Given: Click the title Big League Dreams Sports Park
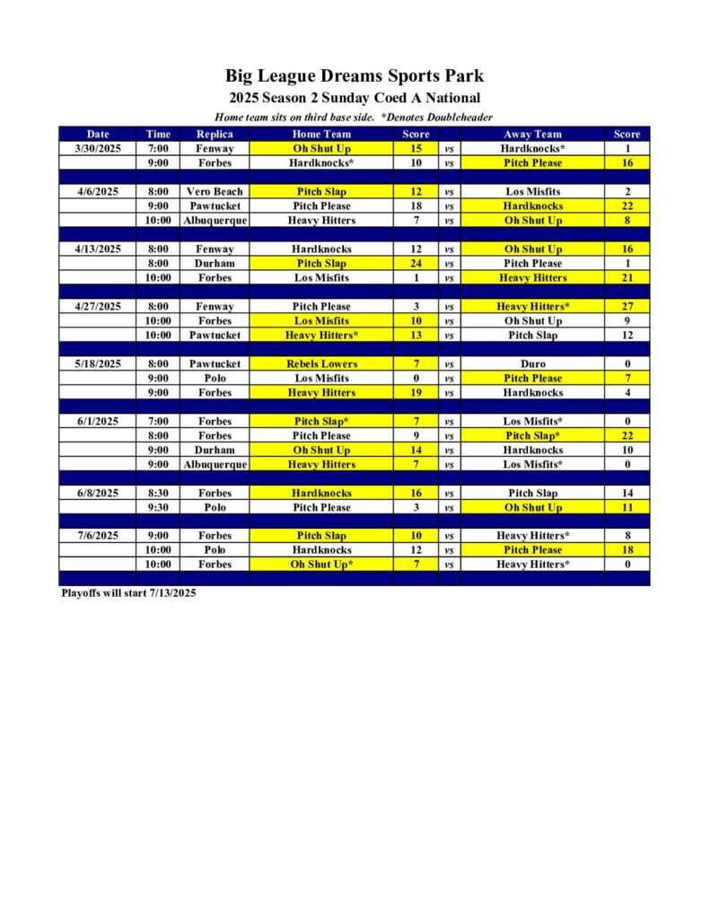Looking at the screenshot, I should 354,75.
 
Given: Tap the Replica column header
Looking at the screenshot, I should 215,134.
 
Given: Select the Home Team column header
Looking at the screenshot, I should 321,134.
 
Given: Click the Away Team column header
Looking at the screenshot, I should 532,134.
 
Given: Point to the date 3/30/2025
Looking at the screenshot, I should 98,148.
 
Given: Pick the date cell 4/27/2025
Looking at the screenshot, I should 98,306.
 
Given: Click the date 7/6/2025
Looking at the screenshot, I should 98,536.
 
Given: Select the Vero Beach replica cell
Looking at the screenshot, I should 215,191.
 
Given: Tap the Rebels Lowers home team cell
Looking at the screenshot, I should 321,363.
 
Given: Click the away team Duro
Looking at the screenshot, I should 532,363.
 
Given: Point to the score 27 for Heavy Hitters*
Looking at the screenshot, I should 627,306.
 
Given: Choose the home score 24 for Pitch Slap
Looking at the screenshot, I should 416,263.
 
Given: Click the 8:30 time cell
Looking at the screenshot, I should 158,493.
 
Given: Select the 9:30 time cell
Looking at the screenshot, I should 158,507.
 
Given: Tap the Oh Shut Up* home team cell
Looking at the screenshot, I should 321,565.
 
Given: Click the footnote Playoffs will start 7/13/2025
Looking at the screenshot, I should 128,593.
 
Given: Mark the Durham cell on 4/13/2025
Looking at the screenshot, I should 215,263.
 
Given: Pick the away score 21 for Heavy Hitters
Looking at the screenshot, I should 627,277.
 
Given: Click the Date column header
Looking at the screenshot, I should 98,134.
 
